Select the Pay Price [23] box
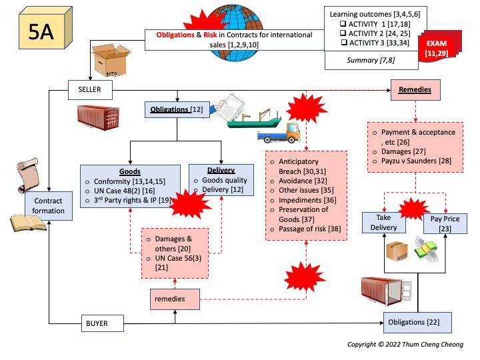click(445, 223)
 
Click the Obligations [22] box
click(417, 323)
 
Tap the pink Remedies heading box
click(414, 89)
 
